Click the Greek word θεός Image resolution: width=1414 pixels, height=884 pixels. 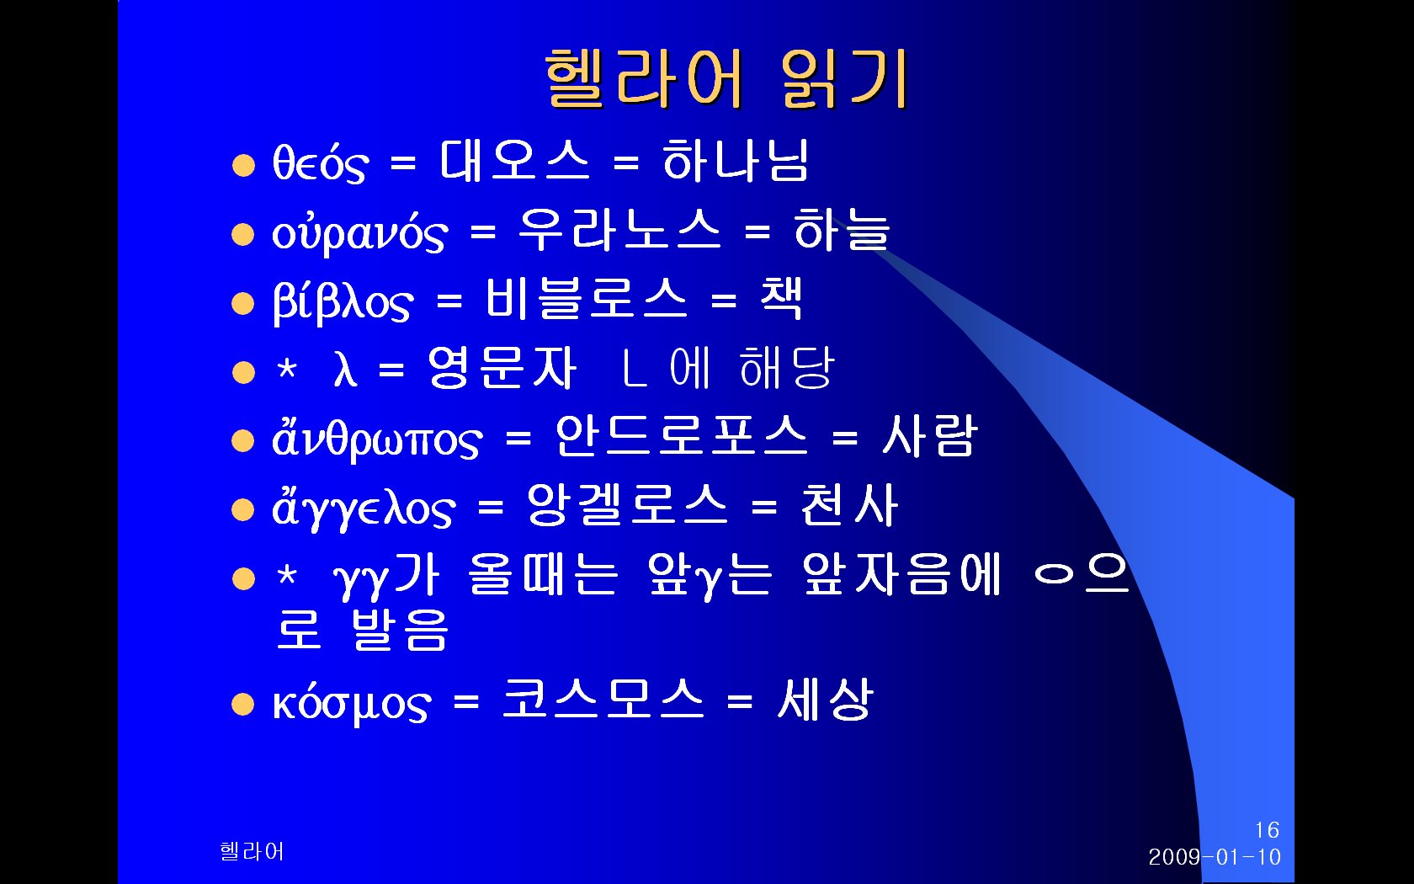pos(320,163)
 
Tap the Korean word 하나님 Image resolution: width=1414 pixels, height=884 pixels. pos(736,161)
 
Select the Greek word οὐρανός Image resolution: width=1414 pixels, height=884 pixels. pos(360,232)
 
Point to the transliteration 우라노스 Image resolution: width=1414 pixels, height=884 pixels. pos(619,230)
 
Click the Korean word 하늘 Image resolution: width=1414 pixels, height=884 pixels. pos(842,230)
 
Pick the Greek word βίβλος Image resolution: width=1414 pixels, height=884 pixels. pos(343,301)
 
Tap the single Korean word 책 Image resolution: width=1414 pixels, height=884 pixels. pos(782,298)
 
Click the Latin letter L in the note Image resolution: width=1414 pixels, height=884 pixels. pos(634,367)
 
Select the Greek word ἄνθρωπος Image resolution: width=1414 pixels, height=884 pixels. pos(377,438)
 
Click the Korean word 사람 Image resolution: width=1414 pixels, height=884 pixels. pos(929,436)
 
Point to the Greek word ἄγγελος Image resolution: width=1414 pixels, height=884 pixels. pos(363,507)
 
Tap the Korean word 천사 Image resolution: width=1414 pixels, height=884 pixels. pos(850,504)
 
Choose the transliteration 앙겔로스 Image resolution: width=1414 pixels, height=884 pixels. pos(628,504)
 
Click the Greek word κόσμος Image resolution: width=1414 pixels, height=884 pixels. pos(352,703)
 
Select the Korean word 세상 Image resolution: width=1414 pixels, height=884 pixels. pos(825,699)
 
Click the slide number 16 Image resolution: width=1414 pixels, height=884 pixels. pos(1267,830)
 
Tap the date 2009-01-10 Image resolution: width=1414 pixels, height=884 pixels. pos(1215,857)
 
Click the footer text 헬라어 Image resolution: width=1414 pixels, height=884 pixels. pos(252,851)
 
